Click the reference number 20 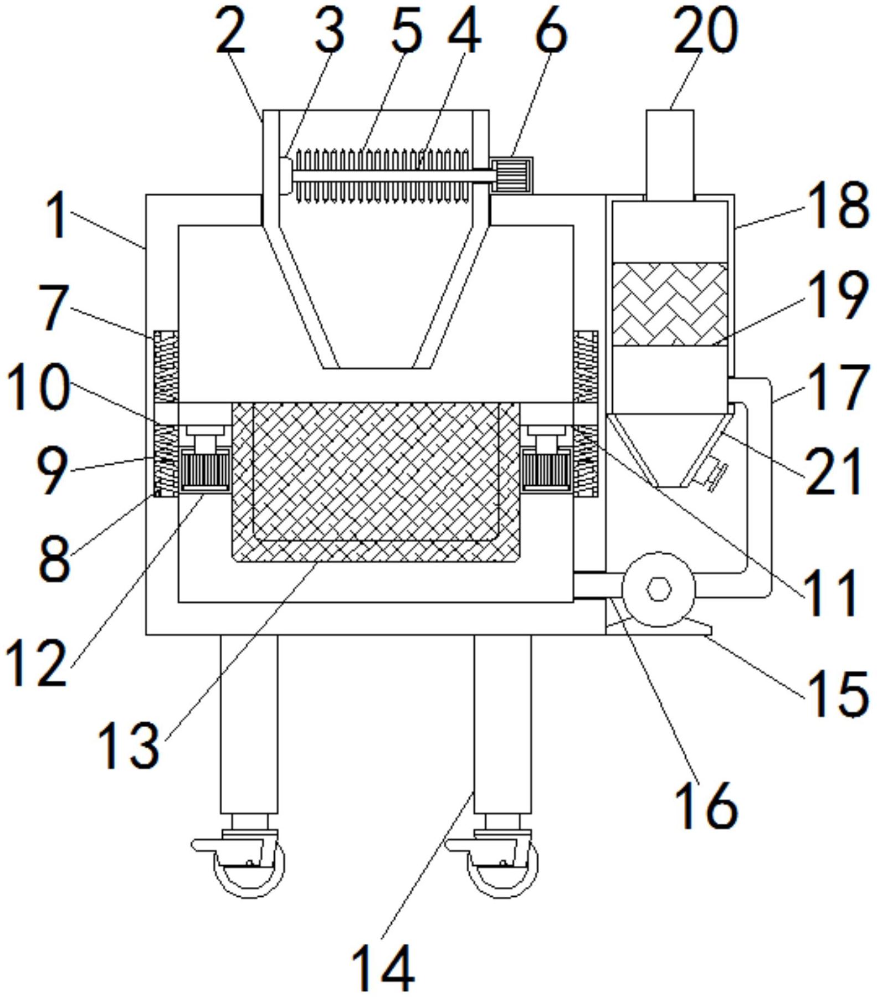click(705, 32)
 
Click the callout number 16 click(706, 806)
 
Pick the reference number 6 click(552, 32)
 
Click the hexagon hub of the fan click(659, 588)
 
